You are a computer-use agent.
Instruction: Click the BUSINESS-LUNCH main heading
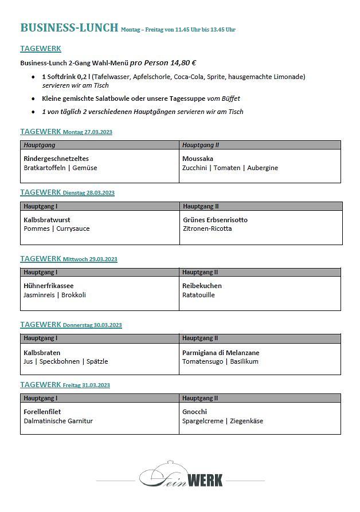[x=69, y=28]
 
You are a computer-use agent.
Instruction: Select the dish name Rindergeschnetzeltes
[x=56, y=159]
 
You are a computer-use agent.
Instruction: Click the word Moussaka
[x=198, y=159]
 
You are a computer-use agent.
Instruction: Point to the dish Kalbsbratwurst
[x=47, y=220]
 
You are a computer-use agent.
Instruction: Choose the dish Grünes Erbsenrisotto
[x=215, y=220]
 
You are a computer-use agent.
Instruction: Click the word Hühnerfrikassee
[x=49, y=286]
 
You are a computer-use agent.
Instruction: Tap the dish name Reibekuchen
[x=202, y=286]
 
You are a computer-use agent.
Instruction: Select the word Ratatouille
[x=198, y=295]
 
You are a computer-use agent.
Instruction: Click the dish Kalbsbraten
[x=42, y=353]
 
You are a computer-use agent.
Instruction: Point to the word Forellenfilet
[x=42, y=412]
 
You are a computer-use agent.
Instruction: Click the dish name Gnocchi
[x=194, y=412]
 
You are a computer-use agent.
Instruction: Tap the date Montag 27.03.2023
[x=87, y=132]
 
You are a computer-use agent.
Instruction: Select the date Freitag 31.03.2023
[x=86, y=385]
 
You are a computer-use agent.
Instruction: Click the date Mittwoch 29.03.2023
[x=89, y=259]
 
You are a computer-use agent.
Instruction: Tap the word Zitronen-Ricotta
[x=208, y=229]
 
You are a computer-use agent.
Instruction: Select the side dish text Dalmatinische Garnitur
[x=58, y=421]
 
